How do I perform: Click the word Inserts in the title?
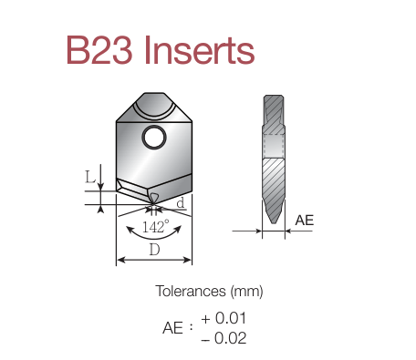[x=200, y=50]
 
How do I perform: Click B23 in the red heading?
[x=99, y=50]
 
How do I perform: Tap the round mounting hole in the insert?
[x=154, y=138]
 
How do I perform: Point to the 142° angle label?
[x=155, y=226]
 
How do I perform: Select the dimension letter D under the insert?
[x=154, y=250]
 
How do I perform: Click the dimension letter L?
[x=90, y=177]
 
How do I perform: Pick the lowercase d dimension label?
[x=181, y=202]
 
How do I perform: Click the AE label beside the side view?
[x=304, y=221]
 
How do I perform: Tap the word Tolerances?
[x=191, y=291]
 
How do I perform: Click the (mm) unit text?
[x=246, y=292]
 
